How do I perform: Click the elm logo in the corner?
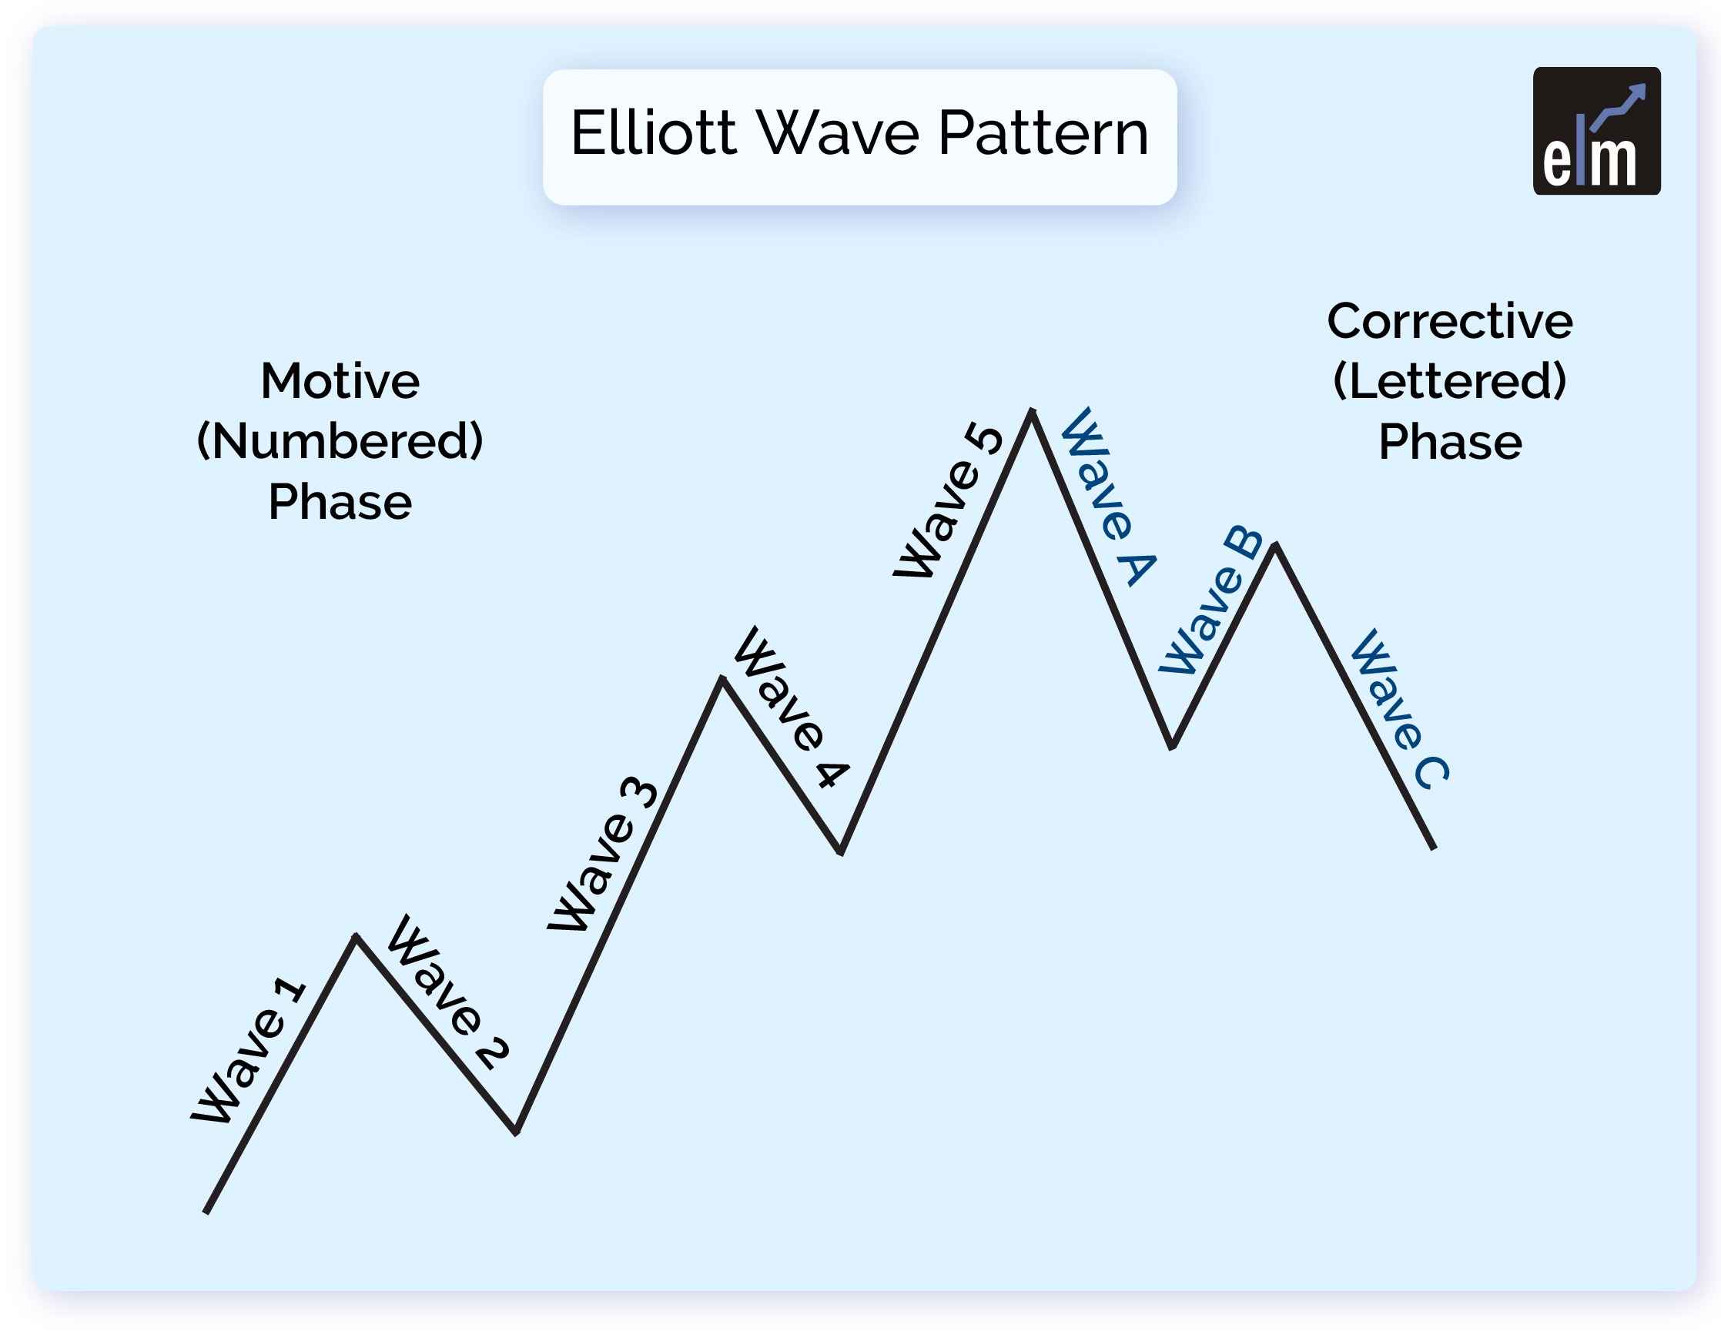(1596, 131)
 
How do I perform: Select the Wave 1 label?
(248, 1051)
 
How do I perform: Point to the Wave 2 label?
(447, 993)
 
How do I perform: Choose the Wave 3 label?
(603, 855)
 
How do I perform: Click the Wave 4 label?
(791, 707)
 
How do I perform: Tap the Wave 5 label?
(948, 501)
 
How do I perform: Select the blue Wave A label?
(1108, 497)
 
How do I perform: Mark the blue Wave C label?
(1398, 709)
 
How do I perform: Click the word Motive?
(340, 381)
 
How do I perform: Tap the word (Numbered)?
(340, 441)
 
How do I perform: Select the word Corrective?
(1450, 322)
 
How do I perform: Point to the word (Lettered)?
(1450, 381)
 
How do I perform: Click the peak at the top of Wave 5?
(1031, 411)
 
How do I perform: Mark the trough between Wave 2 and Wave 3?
(516, 1132)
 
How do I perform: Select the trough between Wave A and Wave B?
(1173, 745)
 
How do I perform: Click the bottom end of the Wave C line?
(1433, 848)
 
